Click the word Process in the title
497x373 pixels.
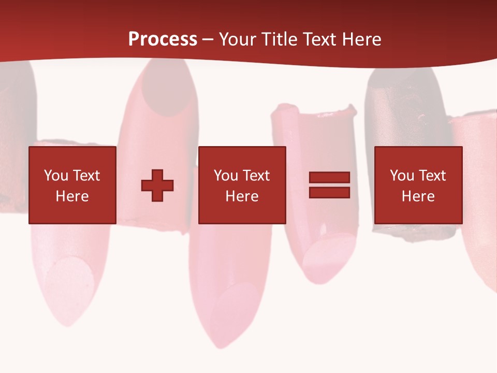163,39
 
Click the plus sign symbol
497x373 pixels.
157,185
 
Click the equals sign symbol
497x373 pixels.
329,185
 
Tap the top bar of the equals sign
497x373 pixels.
329,178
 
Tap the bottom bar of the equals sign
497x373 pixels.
329,193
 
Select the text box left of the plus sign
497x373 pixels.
72,185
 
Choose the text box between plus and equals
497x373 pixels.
242,185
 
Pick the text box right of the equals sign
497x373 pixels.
418,185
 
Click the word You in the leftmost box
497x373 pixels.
56,176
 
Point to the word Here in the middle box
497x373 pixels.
242,196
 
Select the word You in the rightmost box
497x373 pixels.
402,176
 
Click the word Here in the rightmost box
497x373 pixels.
418,196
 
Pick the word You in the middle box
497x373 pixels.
226,176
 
